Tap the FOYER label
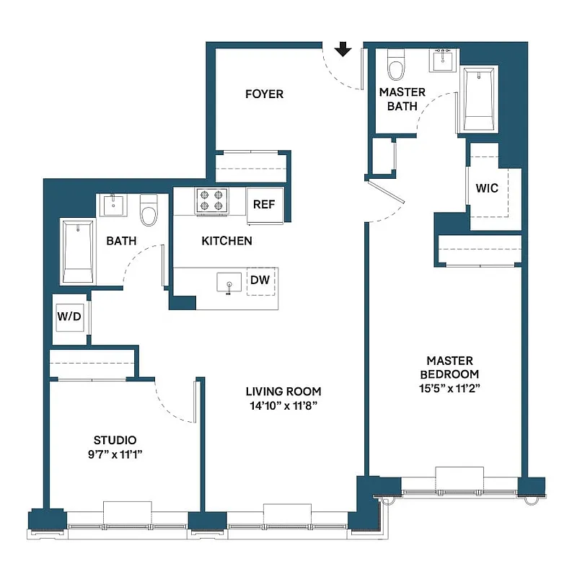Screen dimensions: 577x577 [x=264, y=94]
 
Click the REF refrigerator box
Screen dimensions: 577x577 [x=263, y=204]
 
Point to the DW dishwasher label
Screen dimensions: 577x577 [x=260, y=281]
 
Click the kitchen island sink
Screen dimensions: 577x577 [x=229, y=283]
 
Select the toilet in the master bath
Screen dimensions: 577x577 [x=395, y=64]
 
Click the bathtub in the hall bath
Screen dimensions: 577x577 [x=77, y=252]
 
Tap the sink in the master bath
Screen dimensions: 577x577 [x=443, y=58]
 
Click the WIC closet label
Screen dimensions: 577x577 [x=487, y=188]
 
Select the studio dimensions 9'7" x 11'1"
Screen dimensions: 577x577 [x=115, y=454]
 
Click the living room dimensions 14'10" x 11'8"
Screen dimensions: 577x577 [x=283, y=405]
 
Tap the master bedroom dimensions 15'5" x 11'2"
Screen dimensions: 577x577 [x=449, y=387]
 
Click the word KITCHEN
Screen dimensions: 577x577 [x=226, y=241]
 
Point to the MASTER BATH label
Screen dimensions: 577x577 [x=402, y=100]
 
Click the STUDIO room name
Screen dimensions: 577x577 [x=115, y=440]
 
